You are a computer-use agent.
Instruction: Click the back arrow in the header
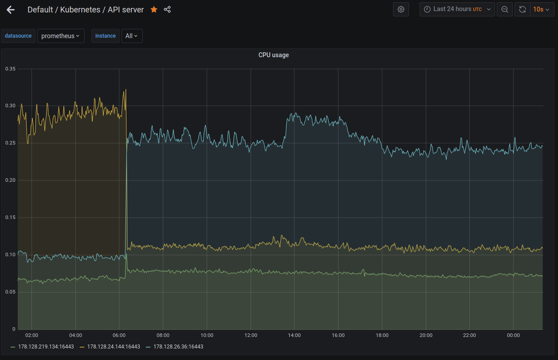tap(11, 9)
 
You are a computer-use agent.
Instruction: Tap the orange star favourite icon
tap(154, 9)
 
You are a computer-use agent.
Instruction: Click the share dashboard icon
tap(167, 9)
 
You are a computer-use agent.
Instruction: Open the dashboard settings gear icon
tap(401, 9)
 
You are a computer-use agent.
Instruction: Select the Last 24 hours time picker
tap(457, 9)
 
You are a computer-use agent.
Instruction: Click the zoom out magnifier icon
tap(505, 9)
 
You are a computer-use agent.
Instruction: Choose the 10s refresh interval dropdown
tap(541, 9)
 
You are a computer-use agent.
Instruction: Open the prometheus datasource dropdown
tap(60, 36)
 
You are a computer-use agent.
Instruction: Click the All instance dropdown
tap(132, 36)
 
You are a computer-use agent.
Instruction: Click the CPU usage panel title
tap(274, 55)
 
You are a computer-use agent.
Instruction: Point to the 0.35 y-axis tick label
tap(10, 69)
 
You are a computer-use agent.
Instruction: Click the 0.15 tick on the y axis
tap(10, 217)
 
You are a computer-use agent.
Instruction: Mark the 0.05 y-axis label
tap(10, 292)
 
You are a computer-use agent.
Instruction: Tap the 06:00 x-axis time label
tap(119, 335)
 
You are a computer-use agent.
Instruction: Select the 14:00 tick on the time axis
tap(294, 335)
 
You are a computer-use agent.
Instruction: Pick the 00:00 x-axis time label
tap(513, 335)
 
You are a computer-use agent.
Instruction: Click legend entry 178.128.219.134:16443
tap(46, 347)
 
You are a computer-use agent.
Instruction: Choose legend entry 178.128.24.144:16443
tap(114, 347)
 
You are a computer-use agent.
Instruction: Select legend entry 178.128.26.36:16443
tap(178, 347)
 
